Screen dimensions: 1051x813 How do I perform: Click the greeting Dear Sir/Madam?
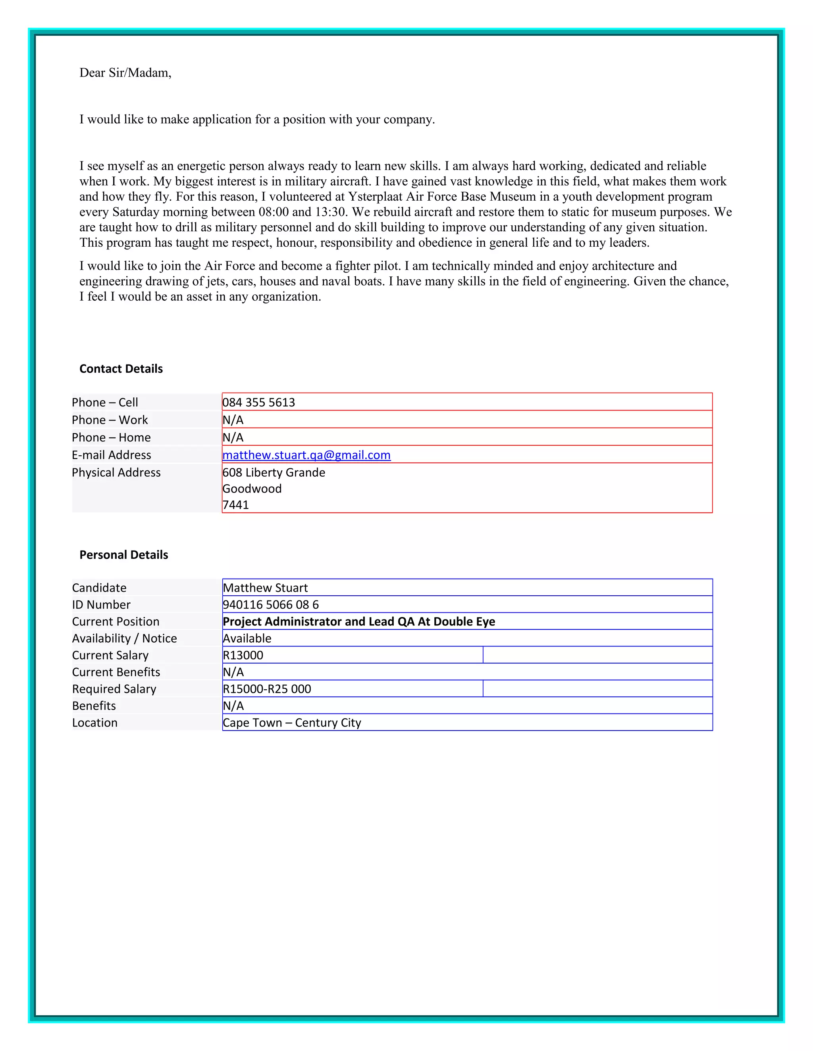click(x=125, y=73)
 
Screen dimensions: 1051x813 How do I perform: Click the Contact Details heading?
click(x=121, y=368)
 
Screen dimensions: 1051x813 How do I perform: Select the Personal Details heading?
click(x=124, y=555)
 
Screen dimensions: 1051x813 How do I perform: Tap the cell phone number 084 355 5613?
click(x=259, y=402)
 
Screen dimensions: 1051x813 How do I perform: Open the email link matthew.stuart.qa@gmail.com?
click(x=306, y=455)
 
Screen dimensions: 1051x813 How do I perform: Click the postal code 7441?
click(x=235, y=505)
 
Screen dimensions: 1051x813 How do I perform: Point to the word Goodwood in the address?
click(x=252, y=489)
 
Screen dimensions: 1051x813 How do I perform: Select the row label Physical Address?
click(x=116, y=473)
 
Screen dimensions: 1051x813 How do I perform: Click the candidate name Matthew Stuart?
click(x=266, y=588)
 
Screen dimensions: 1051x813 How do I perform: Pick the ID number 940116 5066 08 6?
click(x=271, y=604)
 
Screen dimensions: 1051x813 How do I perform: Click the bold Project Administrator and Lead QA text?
click(x=359, y=621)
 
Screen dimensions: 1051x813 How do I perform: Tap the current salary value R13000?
click(x=243, y=655)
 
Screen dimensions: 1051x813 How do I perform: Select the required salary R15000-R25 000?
click(x=267, y=689)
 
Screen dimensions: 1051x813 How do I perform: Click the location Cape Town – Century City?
click(x=292, y=722)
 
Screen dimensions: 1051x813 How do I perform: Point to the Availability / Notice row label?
click(x=124, y=638)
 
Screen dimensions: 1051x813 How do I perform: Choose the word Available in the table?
click(x=247, y=638)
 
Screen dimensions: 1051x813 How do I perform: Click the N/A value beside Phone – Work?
click(x=233, y=420)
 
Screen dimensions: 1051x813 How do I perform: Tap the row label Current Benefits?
click(x=116, y=672)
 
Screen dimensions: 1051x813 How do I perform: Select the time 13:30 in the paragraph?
click(x=331, y=212)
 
